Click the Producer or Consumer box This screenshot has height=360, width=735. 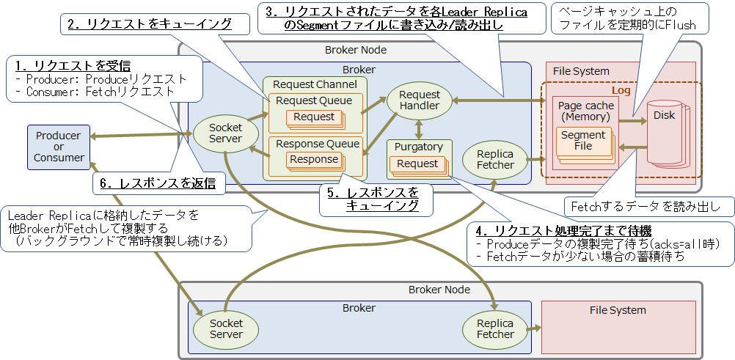click(x=59, y=147)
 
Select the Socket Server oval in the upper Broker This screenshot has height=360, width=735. click(x=226, y=133)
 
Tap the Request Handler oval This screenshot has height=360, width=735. click(x=420, y=100)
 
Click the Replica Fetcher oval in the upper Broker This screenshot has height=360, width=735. click(x=495, y=160)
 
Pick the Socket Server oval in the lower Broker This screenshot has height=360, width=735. click(x=226, y=328)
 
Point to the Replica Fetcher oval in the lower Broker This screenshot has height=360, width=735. click(x=495, y=328)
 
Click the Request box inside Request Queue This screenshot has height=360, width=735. click(x=314, y=117)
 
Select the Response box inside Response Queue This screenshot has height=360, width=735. click(x=314, y=159)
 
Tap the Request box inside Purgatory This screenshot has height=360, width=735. click(x=417, y=164)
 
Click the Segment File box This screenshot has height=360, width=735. click(x=582, y=141)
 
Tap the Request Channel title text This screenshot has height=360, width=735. click(x=315, y=84)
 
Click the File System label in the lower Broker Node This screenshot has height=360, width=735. click(x=618, y=310)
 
